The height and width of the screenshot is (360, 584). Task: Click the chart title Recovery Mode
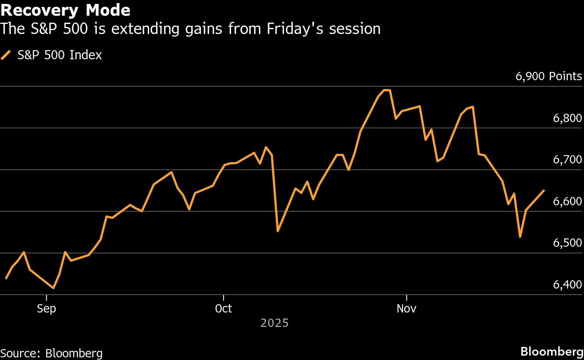[x=65, y=10]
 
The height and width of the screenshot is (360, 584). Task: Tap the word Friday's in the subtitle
[x=295, y=29]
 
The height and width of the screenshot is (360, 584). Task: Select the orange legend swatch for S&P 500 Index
[x=6, y=55]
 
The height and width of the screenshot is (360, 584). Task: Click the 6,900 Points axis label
[x=549, y=76]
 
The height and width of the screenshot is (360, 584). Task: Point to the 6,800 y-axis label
[x=567, y=118]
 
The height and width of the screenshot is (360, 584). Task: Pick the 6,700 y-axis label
[x=567, y=160]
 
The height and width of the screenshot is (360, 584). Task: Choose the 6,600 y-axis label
[x=567, y=201]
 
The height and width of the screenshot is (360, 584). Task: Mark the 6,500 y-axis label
[x=567, y=243]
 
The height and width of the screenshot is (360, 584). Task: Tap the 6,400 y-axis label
[x=567, y=285]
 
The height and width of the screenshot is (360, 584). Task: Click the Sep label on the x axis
[x=46, y=309]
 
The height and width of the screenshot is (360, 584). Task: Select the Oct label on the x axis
[x=224, y=309]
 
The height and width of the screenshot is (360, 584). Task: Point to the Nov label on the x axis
[x=407, y=309]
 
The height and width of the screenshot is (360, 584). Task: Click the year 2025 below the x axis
[x=275, y=323]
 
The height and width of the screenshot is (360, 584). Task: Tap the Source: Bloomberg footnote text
[x=51, y=353]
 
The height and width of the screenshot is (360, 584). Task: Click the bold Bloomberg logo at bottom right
[x=552, y=352]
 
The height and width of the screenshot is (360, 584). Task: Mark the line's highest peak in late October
[x=387, y=90]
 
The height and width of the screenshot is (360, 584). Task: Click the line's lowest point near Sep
[x=54, y=289]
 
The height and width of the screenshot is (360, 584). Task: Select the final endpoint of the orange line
[x=544, y=190]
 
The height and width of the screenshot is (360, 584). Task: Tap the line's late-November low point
[x=520, y=237]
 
